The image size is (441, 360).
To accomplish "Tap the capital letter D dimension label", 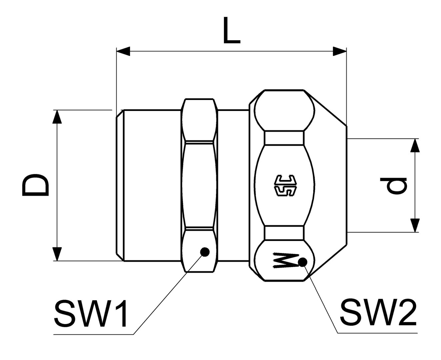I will (x=35, y=185).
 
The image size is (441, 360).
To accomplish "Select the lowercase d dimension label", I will (x=397, y=186).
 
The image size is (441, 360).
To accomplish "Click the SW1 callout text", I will (x=90, y=313).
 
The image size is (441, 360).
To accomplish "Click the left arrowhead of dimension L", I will (x=123, y=51).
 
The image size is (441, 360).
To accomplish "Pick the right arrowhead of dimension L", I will (x=340, y=51).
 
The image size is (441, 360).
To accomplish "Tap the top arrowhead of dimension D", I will (x=57, y=117).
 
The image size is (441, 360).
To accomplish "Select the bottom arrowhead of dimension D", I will (x=57, y=254).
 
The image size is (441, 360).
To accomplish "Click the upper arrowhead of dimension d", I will (x=415, y=145).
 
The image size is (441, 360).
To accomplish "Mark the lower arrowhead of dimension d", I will (x=415, y=225).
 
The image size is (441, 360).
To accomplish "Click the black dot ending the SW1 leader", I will (x=205, y=252).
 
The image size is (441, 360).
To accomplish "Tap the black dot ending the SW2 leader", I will (x=303, y=262).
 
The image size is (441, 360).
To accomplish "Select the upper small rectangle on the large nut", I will (x=284, y=138).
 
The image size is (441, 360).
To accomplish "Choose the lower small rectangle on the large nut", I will (x=284, y=233).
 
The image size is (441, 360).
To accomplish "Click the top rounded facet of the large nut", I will (x=284, y=110).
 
